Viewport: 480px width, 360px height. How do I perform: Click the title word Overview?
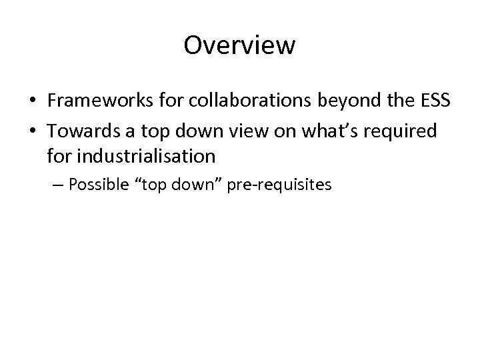pyautogui.click(x=239, y=45)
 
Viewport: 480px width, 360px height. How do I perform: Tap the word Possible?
pyautogui.click(x=96, y=185)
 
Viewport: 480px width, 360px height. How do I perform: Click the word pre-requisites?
pyautogui.click(x=279, y=185)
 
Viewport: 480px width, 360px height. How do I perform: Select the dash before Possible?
pyautogui.click(x=58, y=185)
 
